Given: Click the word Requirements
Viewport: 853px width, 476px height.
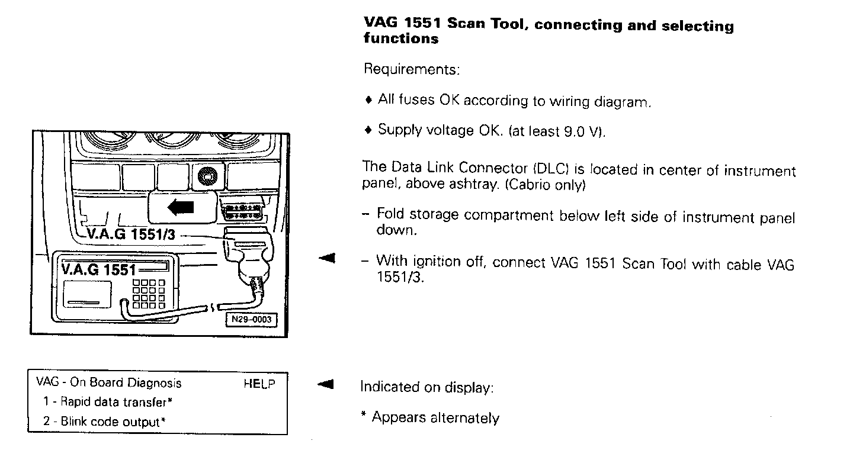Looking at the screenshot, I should [411, 70].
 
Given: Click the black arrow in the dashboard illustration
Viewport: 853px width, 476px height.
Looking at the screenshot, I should [181, 207].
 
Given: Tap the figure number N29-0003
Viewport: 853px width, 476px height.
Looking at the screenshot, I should [251, 320].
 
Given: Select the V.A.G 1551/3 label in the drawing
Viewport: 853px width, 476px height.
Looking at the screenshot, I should [131, 234].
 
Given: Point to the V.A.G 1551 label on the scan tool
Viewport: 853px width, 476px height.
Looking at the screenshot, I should [98, 269].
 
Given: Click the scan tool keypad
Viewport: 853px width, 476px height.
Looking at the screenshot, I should [149, 294].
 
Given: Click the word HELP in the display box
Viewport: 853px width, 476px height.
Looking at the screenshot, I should [259, 384].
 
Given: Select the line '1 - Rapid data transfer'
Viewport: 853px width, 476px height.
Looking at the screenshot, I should [107, 402].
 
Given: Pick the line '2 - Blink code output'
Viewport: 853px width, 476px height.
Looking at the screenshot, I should [103, 422].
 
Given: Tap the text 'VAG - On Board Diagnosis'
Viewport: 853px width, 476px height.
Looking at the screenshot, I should [109, 383].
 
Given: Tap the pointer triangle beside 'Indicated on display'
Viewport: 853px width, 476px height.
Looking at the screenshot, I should [326, 385].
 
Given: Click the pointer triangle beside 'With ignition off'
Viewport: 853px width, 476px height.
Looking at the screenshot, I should [326, 258].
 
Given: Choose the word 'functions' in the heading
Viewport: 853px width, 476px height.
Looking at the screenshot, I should [401, 40].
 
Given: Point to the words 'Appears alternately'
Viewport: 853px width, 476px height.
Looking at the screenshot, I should [435, 418].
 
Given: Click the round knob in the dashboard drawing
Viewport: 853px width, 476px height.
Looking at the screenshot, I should [207, 176].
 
